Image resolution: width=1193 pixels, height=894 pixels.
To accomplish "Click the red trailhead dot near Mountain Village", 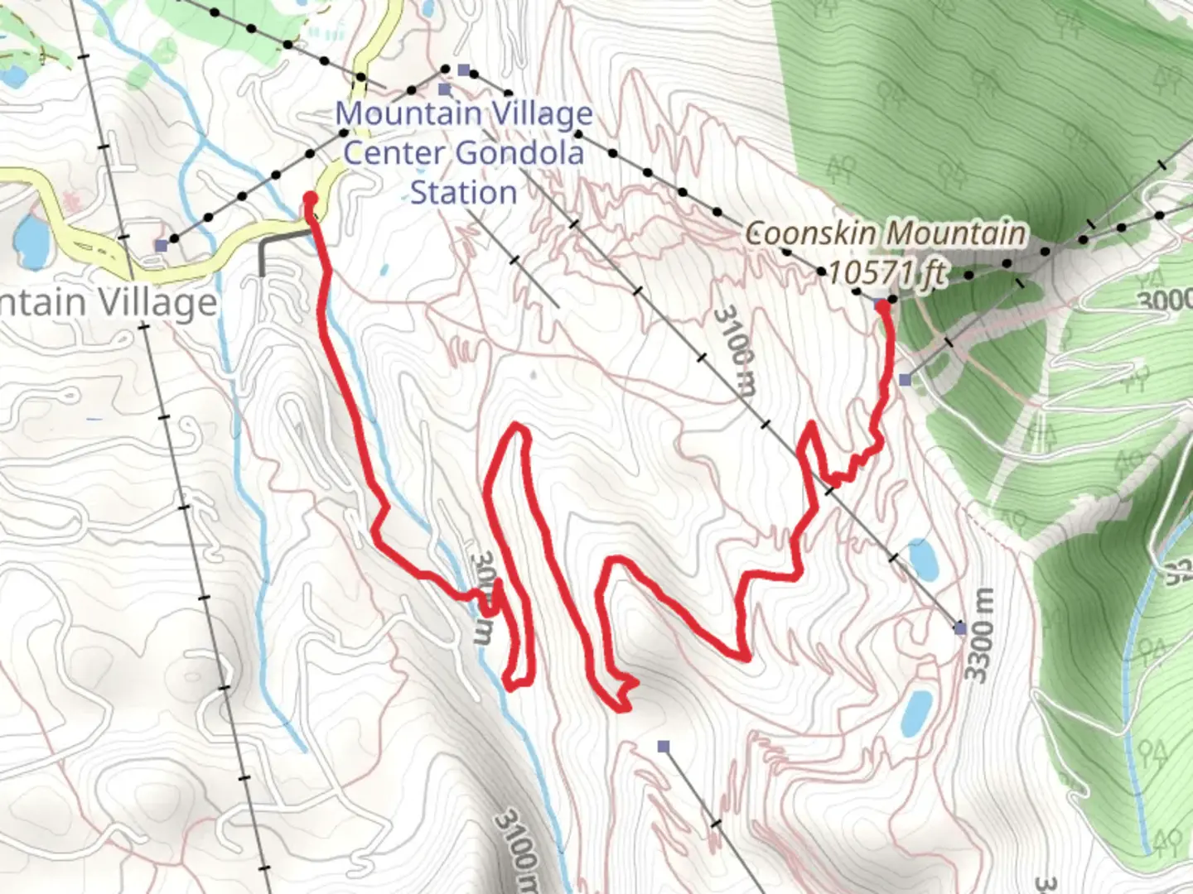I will [x=310, y=198].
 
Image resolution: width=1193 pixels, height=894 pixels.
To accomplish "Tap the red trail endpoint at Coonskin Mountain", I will [x=884, y=307].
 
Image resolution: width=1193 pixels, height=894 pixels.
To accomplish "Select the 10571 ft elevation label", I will [x=886, y=272].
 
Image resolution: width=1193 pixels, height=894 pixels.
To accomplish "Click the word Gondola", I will [x=519, y=153].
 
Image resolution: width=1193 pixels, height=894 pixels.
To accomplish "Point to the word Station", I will [x=463, y=193].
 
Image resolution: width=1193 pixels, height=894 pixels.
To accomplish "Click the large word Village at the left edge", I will [x=158, y=302].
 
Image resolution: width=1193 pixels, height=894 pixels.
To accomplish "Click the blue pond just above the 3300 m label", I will [x=922, y=559].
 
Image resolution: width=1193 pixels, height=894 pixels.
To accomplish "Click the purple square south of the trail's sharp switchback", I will [x=663, y=747].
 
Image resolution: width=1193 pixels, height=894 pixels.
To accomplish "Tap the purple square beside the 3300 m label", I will [x=960, y=629].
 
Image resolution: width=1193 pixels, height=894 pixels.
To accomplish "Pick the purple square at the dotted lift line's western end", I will [x=161, y=245].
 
